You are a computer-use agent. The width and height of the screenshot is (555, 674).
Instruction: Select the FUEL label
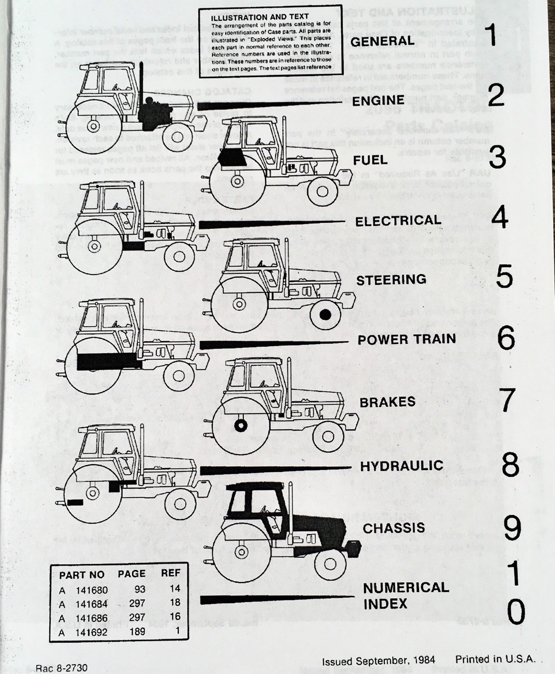pyautogui.click(x=370, y=160)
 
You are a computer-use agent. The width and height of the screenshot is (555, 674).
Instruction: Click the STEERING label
pyautogui.click(x=391, y=280)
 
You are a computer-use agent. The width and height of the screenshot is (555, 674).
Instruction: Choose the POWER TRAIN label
pyautogui.click(x=407, y=340)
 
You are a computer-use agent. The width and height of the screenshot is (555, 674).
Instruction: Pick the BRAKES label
pyautogui.click(x=387, y=402)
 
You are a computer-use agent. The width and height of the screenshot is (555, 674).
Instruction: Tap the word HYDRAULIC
pyautogui.click(x=402, y=465)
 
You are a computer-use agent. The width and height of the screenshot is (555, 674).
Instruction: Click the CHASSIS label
pyautogui.click(x=394, y=528)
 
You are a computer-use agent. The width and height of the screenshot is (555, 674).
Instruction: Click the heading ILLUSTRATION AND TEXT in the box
pyautogui.click(x=259, y=18)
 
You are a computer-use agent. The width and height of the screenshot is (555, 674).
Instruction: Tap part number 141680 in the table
pyautogui.click(x=92, y=590)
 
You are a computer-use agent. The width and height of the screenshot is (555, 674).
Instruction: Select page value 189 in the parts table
pyautogui.click(x=137, y=631)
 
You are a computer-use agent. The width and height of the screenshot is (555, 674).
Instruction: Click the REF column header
pyautogui.click(x=171, y=573)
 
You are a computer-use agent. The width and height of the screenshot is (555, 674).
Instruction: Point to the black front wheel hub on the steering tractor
pyautogui.click(x=325, y=314)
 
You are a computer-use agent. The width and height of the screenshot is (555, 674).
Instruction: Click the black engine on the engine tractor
pyautogui.click(x=155, y=112)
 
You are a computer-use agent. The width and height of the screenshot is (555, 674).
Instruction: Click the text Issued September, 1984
pyautogui.click(x=379, y=660)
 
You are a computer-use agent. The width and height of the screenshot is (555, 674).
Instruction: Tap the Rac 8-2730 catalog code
pyautogui.click(x=61, y=668)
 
